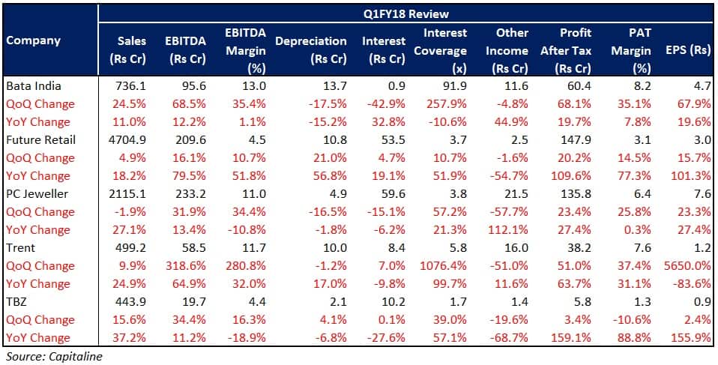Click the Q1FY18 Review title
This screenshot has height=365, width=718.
pos(408,13)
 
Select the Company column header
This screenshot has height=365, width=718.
pos(33,40)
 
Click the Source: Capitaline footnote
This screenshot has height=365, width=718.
pos(53,357)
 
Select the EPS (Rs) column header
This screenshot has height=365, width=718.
pos(687,51)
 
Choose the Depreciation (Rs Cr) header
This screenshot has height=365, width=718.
pos(311,50)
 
